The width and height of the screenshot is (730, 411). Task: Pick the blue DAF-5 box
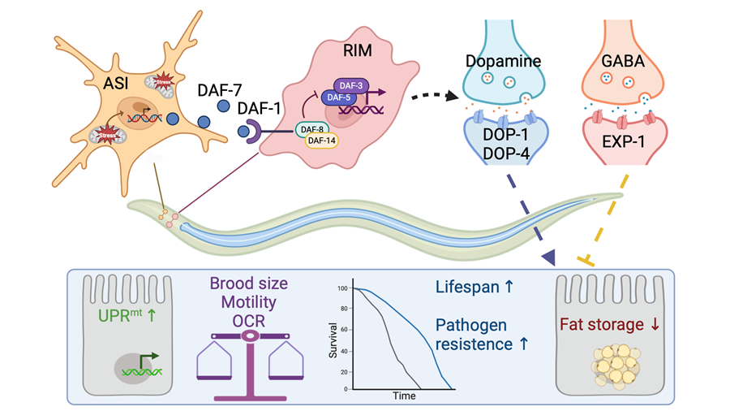336,97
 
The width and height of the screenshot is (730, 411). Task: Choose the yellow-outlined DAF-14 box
322,141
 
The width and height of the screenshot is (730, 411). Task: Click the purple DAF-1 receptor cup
250,129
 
